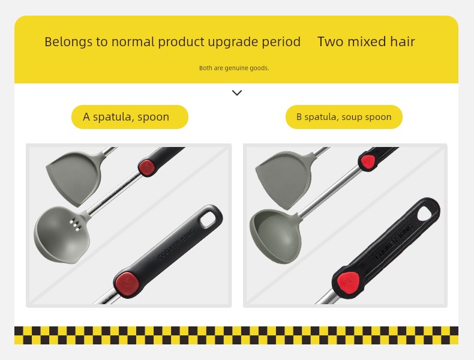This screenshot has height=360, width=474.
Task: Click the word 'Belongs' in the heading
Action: [68, 42]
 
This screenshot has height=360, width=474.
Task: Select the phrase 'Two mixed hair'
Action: [366, 42]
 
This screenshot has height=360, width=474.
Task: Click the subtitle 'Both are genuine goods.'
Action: [234, 68]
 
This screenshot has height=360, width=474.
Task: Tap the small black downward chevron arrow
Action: [237, 93]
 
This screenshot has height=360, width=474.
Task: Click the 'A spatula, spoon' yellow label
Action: [130, 117]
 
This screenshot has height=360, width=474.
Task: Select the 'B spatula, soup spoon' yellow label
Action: [344, 117]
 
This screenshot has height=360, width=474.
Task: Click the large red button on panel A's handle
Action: [127, 284]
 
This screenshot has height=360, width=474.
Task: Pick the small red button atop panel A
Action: [147, 167]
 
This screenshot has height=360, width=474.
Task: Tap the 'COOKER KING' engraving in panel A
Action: [176, 244]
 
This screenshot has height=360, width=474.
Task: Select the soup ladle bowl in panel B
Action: [275, 236]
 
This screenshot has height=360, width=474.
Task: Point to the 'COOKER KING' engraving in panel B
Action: [394, 241]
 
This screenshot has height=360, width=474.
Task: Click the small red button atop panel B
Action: [367, 162]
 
